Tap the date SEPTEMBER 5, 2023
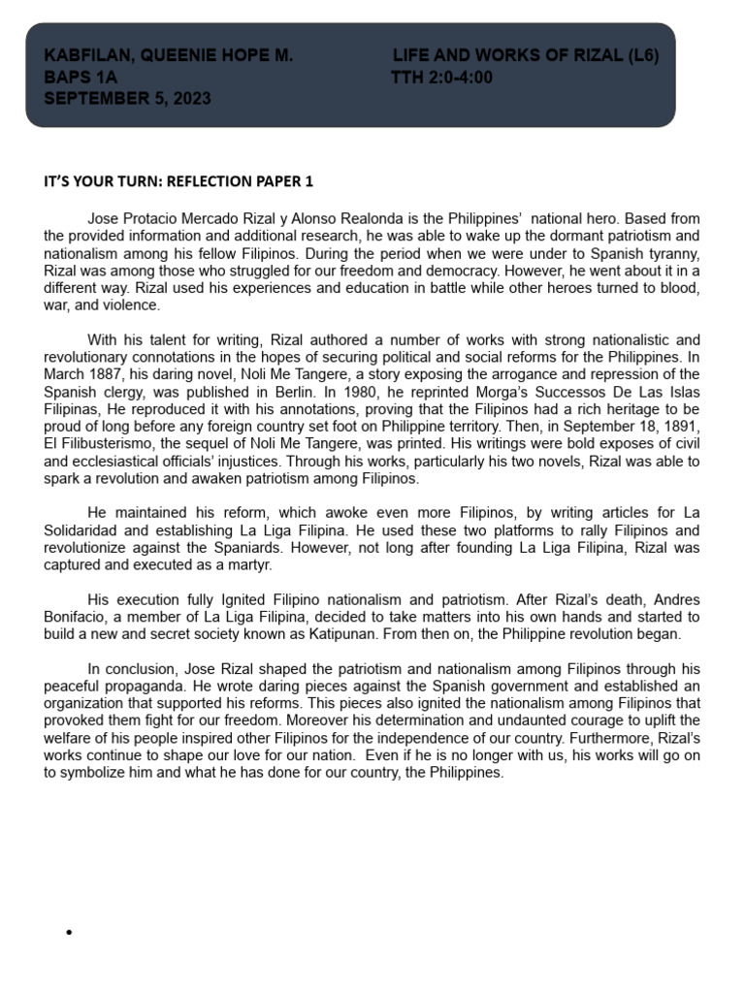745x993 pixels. pyautogui.click(x=127, y=99)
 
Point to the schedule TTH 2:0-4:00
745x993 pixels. pyautogui.click(x=441, y=78)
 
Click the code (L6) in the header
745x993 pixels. pyautogui.click(x=642, y=56)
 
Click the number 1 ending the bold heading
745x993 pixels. pyautogui.click(x=309, y=181)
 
